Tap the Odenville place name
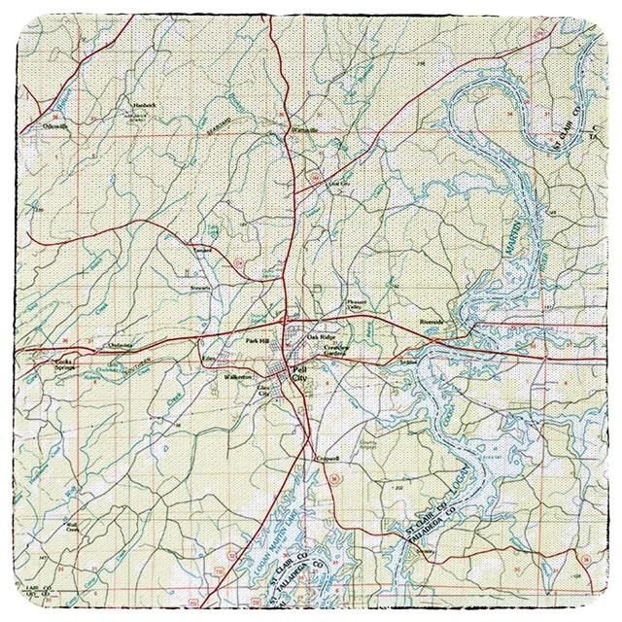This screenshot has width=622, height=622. (x=55, y=125)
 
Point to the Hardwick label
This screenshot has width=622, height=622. (x=144, y=104)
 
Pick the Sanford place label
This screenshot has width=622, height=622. (x=201, y=250)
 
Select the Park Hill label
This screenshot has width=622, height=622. (x=257, y=341)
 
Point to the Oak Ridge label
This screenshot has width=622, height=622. (x=320, y=337)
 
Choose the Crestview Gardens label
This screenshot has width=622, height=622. (x=335, y=351)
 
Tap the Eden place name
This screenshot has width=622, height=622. (x=208, y=359)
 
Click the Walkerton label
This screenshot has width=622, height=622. (x=238, y=376)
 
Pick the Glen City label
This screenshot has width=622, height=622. (x=262, y=391)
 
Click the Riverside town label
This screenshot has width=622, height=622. (x=430, y=321)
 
